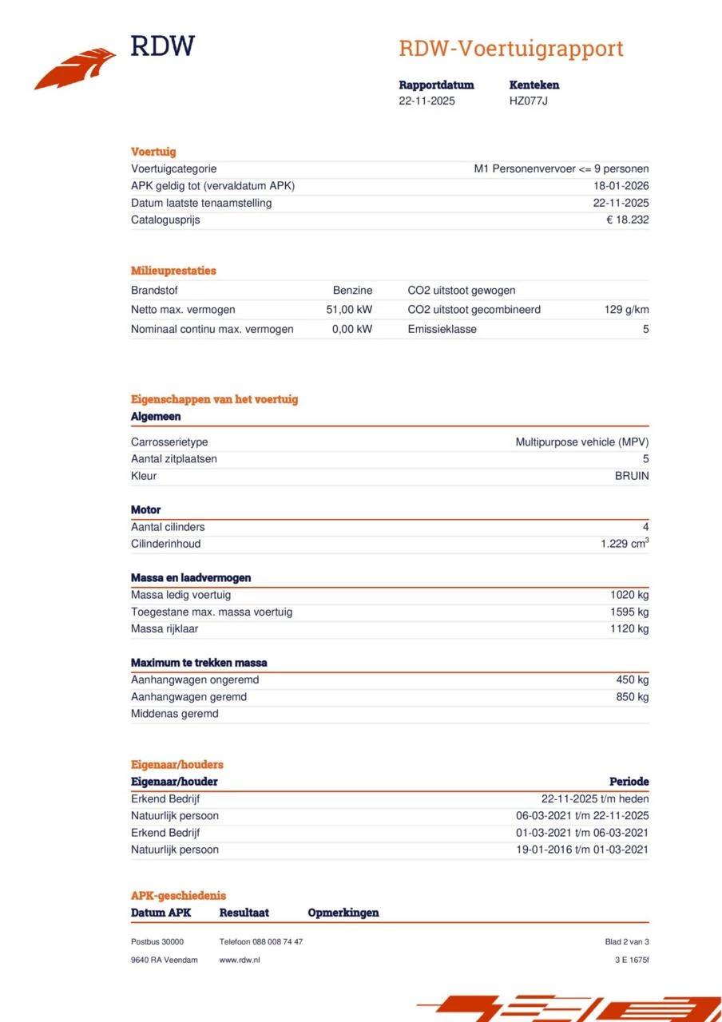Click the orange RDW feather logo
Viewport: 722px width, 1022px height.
point(75,69)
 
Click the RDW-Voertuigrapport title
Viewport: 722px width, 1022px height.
point(510,49)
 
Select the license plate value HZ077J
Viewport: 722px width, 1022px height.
point(528,101)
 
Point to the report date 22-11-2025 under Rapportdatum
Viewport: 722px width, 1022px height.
point(426,101)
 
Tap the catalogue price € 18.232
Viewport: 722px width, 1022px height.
point(627,220)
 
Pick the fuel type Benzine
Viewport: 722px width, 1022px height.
point(352,291)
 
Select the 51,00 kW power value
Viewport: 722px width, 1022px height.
point(349,309)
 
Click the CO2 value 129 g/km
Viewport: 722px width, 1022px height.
point(626,309)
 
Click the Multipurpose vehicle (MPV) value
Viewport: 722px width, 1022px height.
point(581,442)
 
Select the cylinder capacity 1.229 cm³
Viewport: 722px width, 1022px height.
point(625,544)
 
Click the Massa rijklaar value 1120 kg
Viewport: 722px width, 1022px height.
point(629,628)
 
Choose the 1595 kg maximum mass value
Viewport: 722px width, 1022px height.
point(629,612)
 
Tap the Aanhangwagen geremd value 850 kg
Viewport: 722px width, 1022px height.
point(633,697)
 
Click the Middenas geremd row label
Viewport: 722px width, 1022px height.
point(174,714)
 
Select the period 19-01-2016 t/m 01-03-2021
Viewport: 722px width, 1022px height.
point(582,850)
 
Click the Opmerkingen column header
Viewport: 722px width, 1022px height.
point(343,913)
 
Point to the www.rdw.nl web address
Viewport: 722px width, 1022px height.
point(240,960)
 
